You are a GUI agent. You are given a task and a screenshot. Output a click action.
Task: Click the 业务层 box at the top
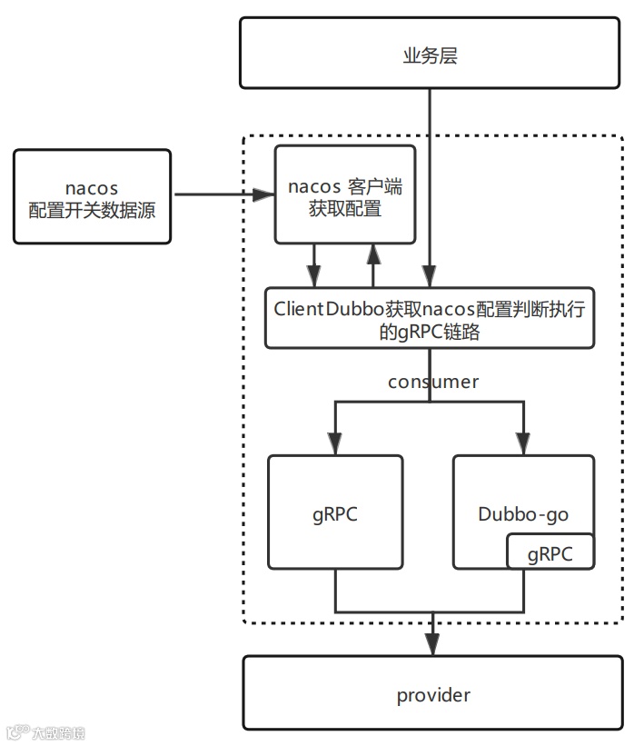click(430, 55)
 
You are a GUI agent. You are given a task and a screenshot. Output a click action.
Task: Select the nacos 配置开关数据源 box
click(92, 197)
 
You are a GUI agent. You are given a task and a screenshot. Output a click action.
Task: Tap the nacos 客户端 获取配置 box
click(345, 197)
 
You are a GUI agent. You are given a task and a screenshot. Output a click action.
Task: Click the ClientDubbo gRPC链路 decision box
click(429, 319)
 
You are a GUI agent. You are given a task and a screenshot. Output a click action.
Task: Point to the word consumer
click(433, 382)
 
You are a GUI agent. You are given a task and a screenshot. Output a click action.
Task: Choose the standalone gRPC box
click(335, 512)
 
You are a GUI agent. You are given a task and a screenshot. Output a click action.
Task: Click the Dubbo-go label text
click(523, 514)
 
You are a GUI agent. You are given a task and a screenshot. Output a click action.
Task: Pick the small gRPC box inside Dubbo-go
click(550, 553)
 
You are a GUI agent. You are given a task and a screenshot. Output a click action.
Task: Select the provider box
click(433, 696)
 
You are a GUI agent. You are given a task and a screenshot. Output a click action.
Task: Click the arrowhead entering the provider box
click(433, 646)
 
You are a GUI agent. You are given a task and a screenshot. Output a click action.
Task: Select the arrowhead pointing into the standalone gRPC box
click(335, 444)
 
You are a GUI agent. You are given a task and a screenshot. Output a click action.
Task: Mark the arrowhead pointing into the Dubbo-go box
click(523, 444)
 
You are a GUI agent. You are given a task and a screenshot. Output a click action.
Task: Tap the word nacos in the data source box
click(92, 187)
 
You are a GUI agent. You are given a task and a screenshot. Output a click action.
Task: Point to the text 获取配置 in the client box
click(345, 209)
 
